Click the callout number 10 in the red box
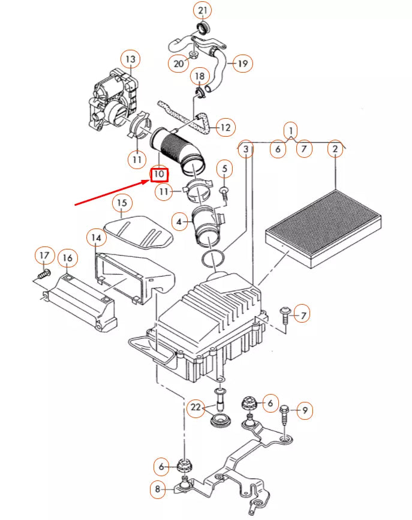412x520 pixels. pyautogui.click(x=159, y=175)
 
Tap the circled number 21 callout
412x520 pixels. pyautogui.click(x=202, y=11)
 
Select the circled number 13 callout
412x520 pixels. pyautogui.click(x=130, y=59)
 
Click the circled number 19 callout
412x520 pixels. pyautogui.click(x=242, y=63)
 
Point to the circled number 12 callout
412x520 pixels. pyautogui.click(x=225, y=128)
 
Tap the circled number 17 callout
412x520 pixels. pyautogui.click(x=44, y=256)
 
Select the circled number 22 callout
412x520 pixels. pyautogui.click(x=196, y=408)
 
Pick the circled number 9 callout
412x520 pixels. pyautogui.click(x=305, y=410)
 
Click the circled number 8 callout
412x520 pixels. pyautogui.click(x=158, y=489)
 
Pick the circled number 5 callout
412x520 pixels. pyautogui.click(x=224, y=170)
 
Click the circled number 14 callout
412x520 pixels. pyautogui.click(x=95, y=238)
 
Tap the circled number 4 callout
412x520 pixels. pyautogui.click(x=178, y=222)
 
